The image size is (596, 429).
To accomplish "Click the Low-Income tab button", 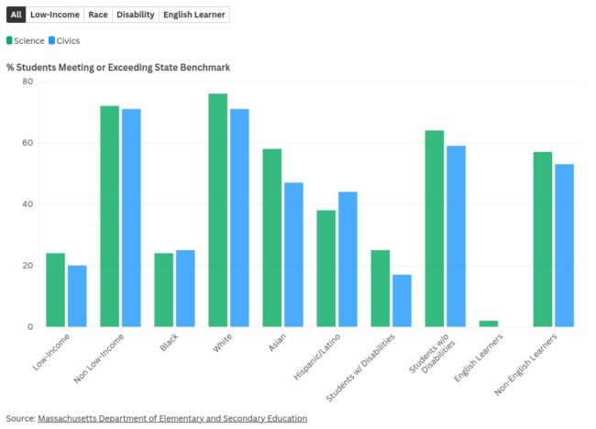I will tap(54, 15).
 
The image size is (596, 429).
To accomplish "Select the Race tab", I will tap(98, 15).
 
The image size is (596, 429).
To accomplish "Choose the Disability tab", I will tap(136, 15).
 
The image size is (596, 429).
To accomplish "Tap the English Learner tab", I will tap(193, 15).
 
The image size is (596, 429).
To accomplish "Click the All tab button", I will tap(16, 15).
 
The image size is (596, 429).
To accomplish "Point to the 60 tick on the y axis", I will tap(28, 143).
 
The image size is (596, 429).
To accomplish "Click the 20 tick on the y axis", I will tap(28, 266).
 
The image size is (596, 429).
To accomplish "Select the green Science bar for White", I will tap(218, 210).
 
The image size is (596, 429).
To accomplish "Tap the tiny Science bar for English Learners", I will tap(489, 324).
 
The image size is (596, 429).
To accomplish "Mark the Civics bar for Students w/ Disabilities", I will tap(402, 301).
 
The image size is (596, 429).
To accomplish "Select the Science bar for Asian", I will tap(272, 237).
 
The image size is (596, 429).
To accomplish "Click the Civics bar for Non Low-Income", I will tap(131, 218).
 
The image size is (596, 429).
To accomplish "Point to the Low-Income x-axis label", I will tap(52, 351).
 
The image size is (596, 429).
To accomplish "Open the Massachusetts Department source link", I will tap(172, 418).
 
